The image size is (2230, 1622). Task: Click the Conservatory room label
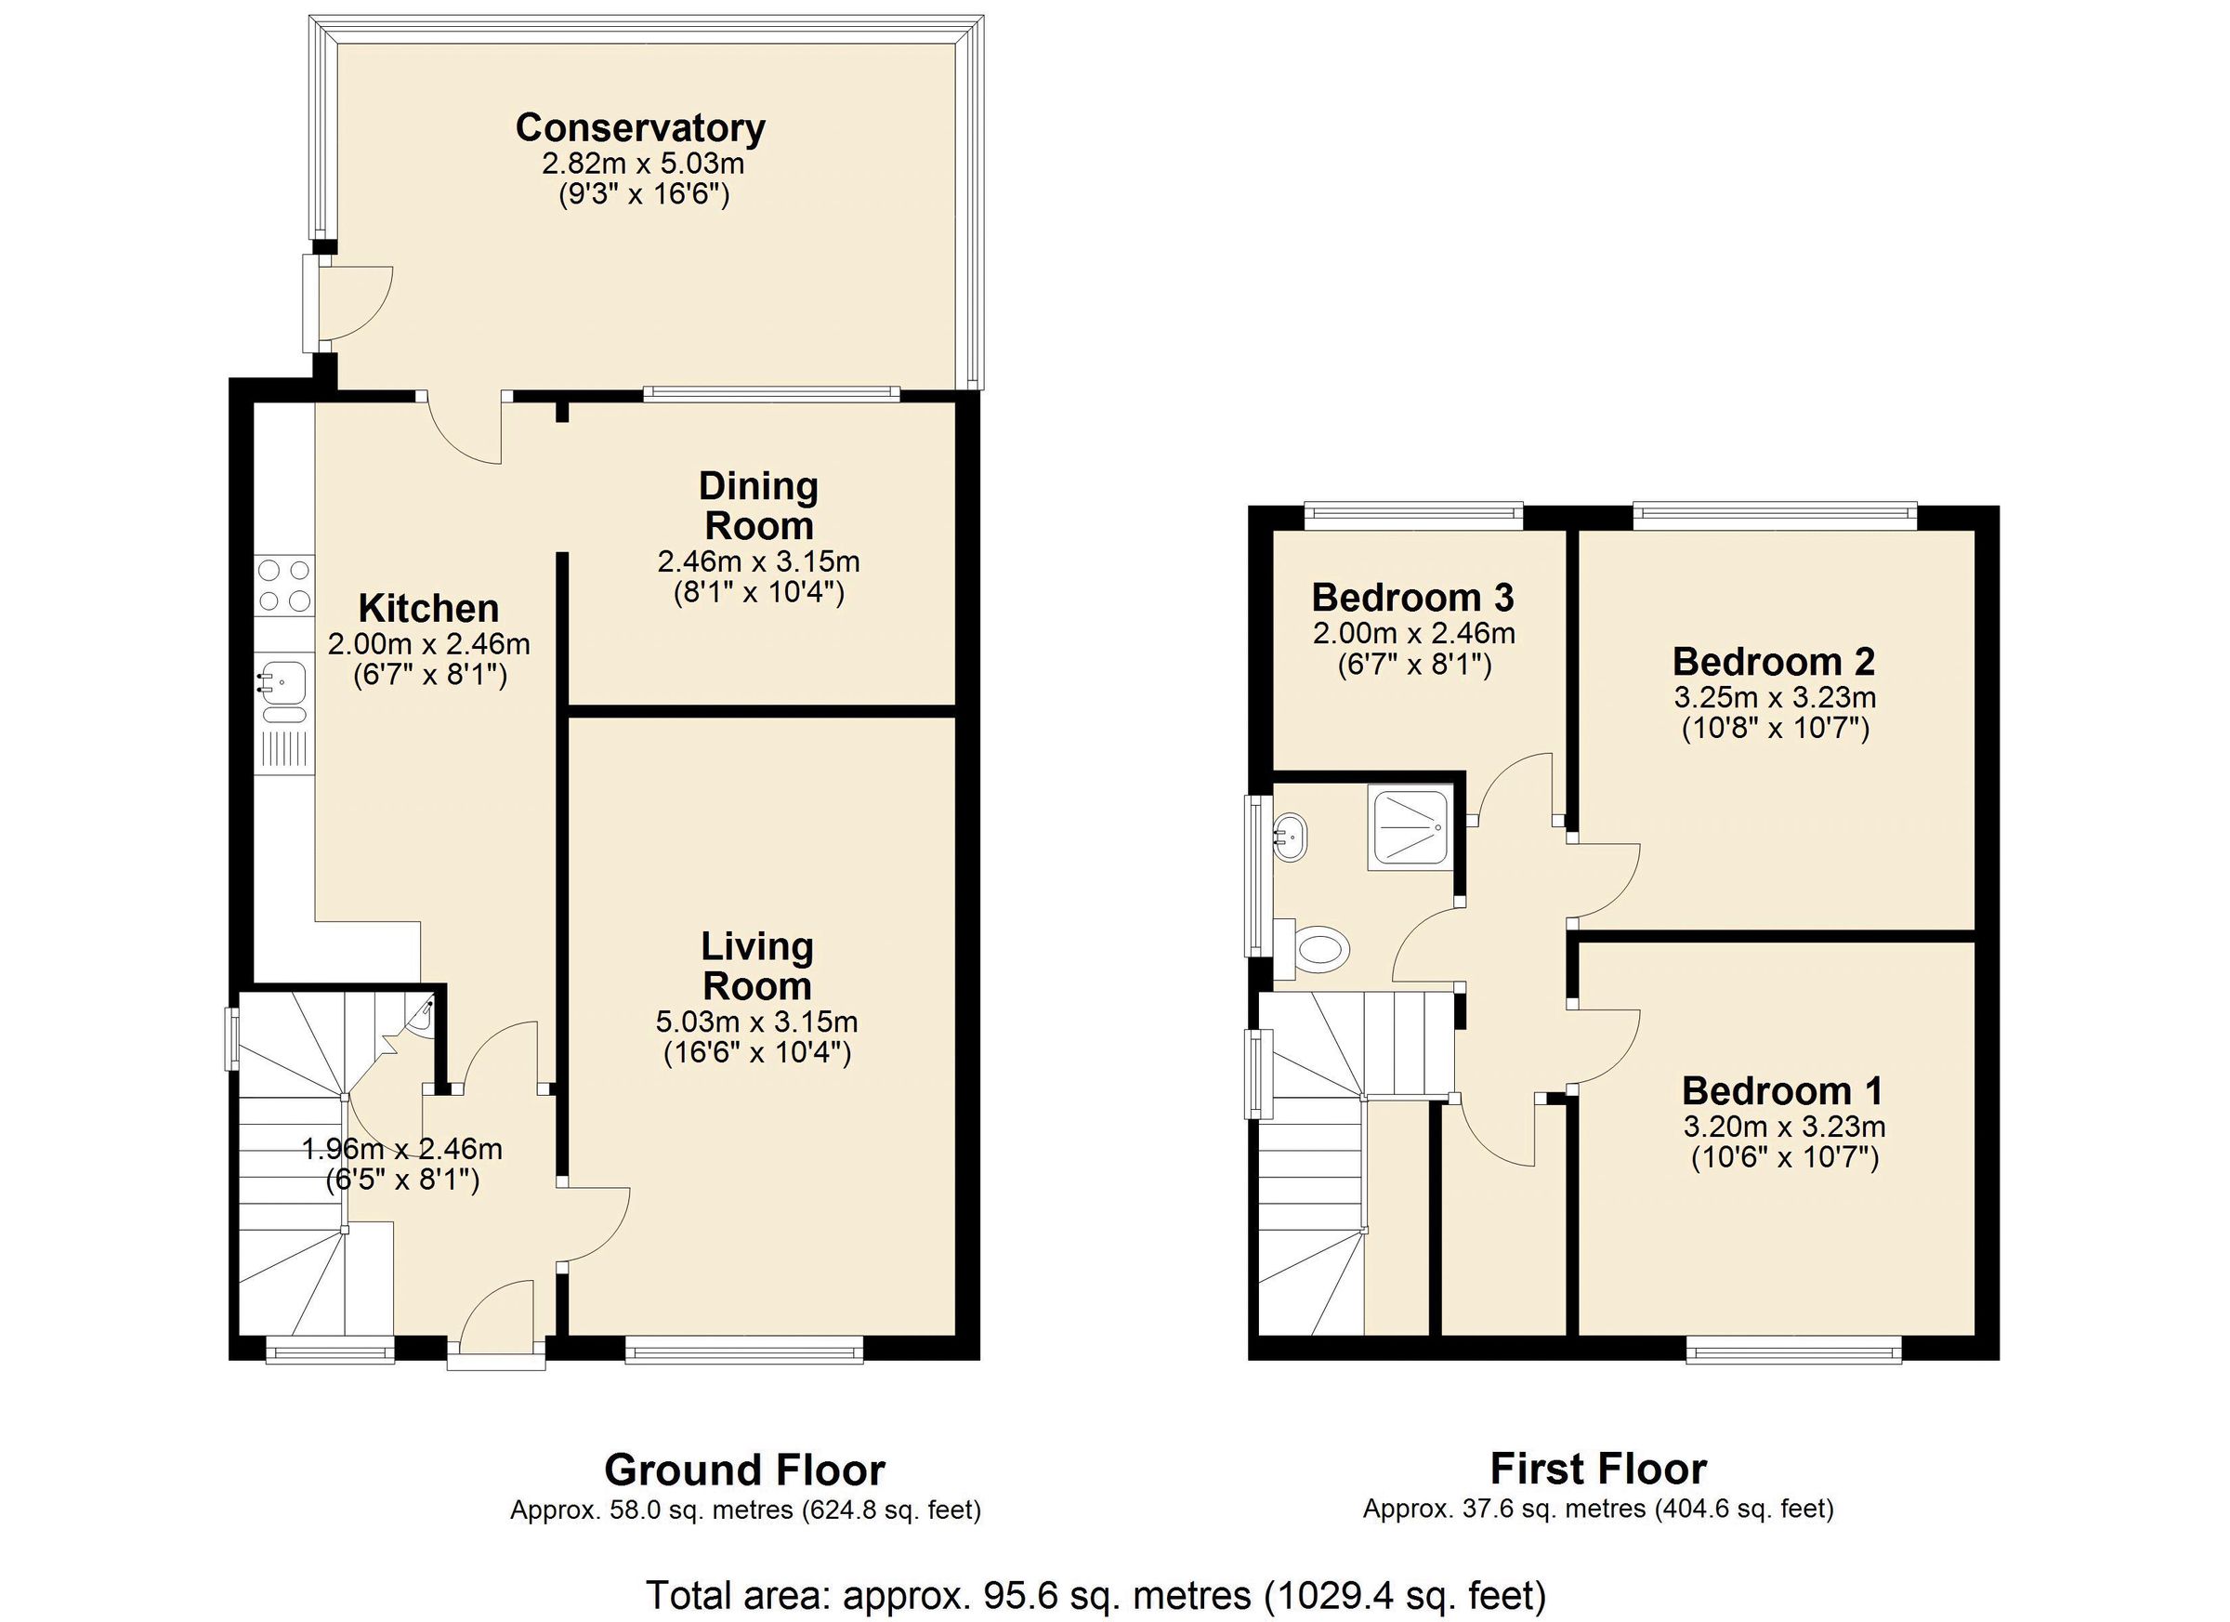click(640, 129)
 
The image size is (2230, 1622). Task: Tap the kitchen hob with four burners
click(284, 586)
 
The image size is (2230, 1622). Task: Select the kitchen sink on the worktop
click(283, 680)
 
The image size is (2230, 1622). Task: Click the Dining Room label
click(758, 506)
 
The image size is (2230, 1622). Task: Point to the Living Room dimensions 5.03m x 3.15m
click(756, 1022)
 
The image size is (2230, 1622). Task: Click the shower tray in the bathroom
click(1409, 828)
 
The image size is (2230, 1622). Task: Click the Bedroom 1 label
click(1781, 1091)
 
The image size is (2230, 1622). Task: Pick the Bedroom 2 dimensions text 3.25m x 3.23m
click(1775, 698)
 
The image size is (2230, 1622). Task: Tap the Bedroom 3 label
click(1413, 598)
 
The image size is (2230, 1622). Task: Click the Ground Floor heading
click(744, 1470)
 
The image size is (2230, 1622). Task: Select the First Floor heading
click(1598, 1469)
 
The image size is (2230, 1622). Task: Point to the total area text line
click(1095, 1593)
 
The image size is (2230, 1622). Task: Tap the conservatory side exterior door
click(313, 303)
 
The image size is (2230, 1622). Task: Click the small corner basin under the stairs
click(422, 1015)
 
